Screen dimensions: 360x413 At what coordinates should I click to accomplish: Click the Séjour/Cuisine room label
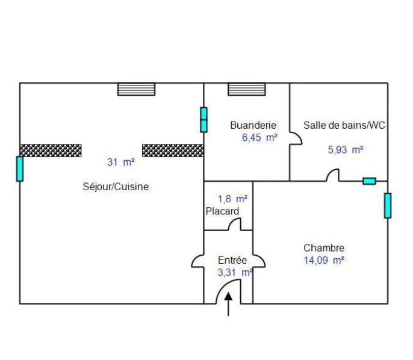116,187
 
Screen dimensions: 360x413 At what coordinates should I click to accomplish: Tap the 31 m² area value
121,162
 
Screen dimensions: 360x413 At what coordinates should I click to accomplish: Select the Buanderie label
253,125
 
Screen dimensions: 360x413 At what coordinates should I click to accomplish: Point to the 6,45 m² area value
259,137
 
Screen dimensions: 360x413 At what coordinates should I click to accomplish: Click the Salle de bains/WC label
344,125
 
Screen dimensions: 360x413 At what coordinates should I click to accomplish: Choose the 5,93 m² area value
346,150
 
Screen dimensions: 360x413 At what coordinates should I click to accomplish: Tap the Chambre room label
324,248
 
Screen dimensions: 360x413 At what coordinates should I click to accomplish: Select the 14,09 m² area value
324,260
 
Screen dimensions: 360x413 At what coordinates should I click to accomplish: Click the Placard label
222,211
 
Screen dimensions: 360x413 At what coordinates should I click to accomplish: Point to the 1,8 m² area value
232,198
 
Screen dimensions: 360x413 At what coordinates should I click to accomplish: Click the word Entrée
232,260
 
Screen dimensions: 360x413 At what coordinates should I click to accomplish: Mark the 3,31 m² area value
234,272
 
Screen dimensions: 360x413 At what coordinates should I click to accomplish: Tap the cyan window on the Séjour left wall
20,169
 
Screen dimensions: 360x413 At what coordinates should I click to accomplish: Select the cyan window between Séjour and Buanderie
203,120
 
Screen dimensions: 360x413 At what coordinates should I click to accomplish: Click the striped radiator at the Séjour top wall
136,89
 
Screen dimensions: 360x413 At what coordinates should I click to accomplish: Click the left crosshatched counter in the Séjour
51,150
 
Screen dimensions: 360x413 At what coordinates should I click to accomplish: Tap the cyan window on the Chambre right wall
388,205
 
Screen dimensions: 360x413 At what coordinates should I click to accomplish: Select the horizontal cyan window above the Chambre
369,181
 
